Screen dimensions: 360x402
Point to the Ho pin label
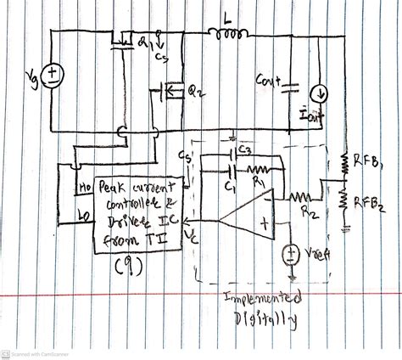(x=85, y=184)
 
